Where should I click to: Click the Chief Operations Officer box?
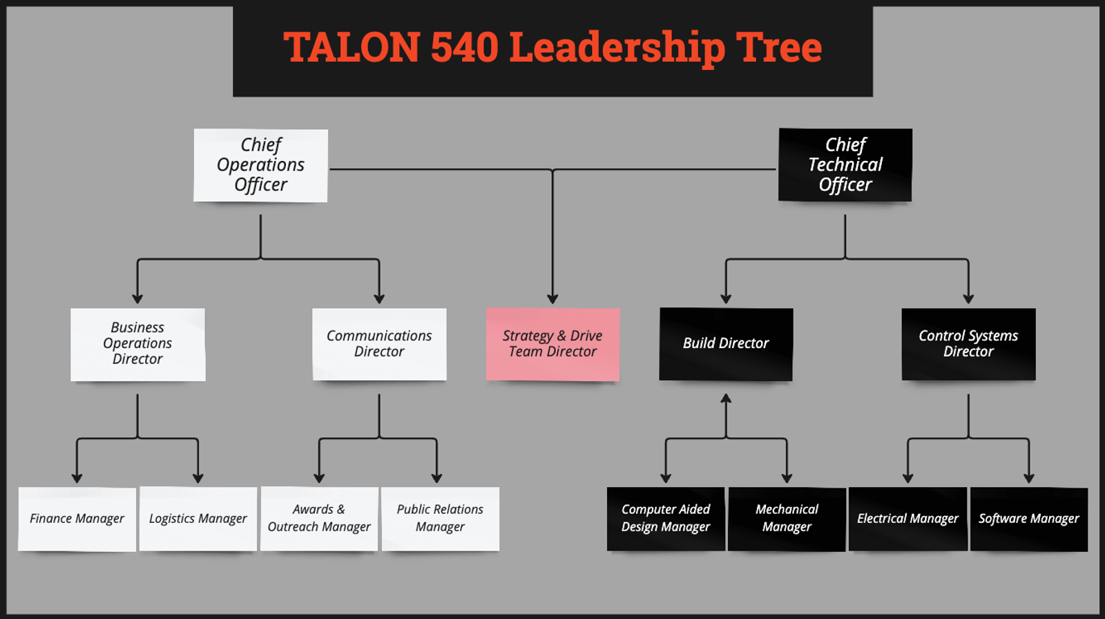(260, 165)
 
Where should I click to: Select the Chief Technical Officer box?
(845, 165)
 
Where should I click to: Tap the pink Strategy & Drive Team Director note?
(552, 344)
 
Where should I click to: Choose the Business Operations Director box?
(137, 344)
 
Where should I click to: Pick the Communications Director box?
(379, 344)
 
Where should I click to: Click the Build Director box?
(726, 344)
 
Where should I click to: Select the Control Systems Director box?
(968, 344)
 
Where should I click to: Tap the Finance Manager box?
(77, 519)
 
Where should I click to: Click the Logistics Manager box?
(198, 519)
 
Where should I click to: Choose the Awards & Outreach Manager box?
(319, 519)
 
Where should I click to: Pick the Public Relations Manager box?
(440, 519)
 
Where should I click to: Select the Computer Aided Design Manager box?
(666, 519)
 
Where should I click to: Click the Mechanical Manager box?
(787, 519)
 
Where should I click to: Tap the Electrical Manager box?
(907, 519)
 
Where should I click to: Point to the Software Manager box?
(1029, 519)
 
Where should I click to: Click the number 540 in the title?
(464, 48)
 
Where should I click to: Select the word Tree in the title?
(778, 48)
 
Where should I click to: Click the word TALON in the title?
(352, 48)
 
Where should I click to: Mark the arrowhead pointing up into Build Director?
(726, 399)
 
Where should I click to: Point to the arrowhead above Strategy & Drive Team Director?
(552, 298)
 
